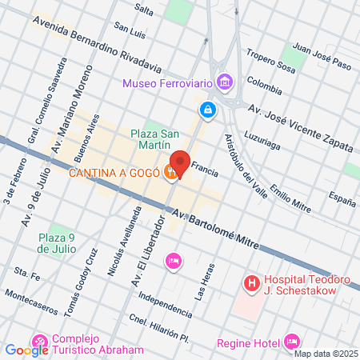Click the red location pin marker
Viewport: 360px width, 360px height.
coord(180,163)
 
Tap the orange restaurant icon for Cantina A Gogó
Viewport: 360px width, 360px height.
coord(170,172)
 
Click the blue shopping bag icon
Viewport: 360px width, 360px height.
coord(207,108)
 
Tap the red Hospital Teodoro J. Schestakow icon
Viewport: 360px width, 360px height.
coord(251,282)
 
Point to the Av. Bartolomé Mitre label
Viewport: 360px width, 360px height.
coord(214,228)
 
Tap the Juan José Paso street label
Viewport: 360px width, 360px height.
coord(322,47)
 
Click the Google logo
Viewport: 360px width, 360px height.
coord(26,349)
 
